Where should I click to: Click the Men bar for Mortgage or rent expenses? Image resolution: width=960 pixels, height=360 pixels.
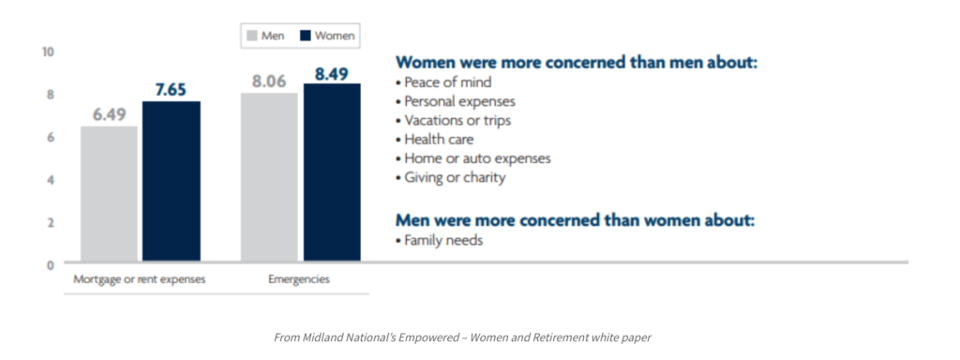click(110, 194)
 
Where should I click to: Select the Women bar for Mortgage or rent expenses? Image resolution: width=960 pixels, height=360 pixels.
click(172, 182)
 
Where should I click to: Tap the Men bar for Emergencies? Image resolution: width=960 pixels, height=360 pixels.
click(269, 177)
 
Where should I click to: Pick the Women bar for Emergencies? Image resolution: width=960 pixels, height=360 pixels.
click(332, 172)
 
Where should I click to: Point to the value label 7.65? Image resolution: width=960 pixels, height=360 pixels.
click(172, 90)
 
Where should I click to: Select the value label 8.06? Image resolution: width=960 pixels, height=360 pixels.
click(269, 82)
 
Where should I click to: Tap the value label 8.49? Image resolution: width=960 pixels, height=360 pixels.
click(331, 74)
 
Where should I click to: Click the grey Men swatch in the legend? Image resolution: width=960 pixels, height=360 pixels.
click(251, 37)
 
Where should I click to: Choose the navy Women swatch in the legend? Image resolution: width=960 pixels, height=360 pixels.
click(305, 37)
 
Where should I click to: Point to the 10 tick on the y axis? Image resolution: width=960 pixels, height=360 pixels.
click(48, 52)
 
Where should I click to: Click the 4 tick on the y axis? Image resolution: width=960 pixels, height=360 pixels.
click(51, 180)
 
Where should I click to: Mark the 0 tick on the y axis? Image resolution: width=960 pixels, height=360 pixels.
click(51, 264)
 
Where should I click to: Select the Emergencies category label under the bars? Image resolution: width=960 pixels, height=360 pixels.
click(299, 279)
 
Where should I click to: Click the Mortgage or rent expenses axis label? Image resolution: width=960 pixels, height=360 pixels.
click(140, 279)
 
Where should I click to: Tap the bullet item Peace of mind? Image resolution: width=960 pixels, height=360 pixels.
click(443, 82)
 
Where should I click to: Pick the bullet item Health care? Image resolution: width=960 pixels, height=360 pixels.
click(435, 139)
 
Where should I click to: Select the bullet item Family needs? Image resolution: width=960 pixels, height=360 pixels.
click(440, 240)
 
